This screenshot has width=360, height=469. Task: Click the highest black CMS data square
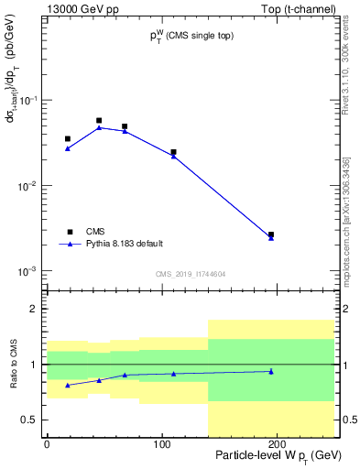click(99, 120)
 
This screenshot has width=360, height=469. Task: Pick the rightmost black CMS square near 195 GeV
click(270, 234)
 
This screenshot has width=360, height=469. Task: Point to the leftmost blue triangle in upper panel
click(68, 148)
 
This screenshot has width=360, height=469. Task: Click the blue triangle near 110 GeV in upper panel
click(173, 157)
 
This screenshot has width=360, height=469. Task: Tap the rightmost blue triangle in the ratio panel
click(270, 371)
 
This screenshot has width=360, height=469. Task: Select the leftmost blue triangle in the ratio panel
click(68, 385)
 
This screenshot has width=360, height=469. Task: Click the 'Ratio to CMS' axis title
click(13, 365)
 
